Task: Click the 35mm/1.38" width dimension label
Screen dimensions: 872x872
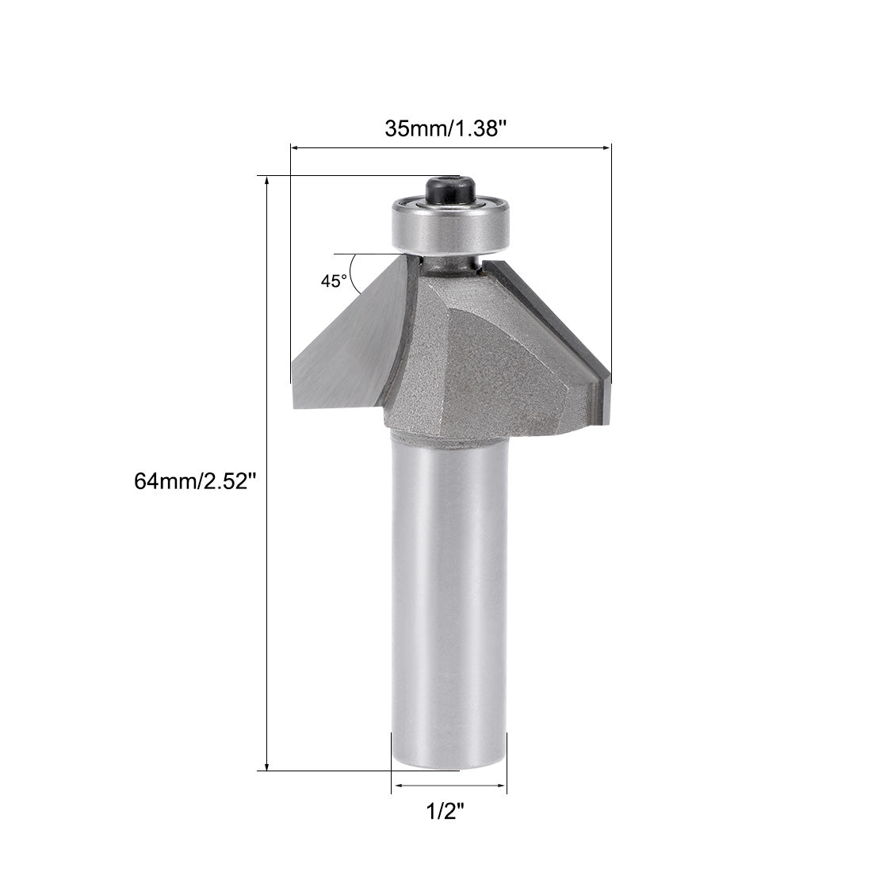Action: pos(445,128)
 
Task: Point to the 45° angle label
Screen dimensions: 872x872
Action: pos(334,281)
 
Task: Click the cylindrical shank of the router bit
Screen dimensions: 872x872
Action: pos(449,602)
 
